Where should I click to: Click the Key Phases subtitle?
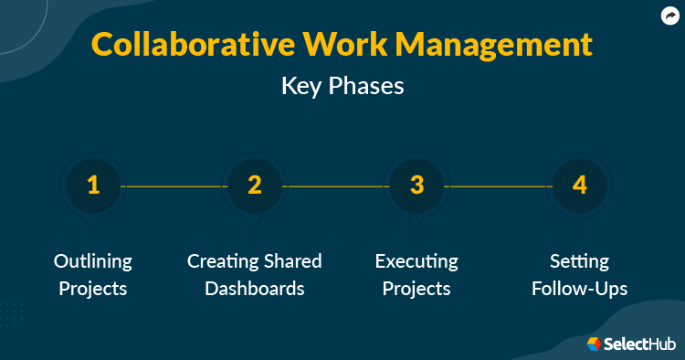pyautogui.click(x=342, y=87)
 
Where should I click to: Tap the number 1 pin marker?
pyautogui.click(x=92, y=185)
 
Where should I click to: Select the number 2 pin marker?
pyautogui.click(x=255, y=185)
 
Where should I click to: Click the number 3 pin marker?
pyautogui.click(x=417, y=185)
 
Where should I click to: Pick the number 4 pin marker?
pyautogui.click(x=579, y=185)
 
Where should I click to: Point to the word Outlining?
pyautogui.click(x=92, y=261)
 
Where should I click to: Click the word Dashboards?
pyautogui.click(x=255, y=289)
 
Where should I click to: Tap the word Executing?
pyautogui.click(x=416, y=261)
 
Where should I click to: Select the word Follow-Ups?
pyautogui.click(x=579, y=289)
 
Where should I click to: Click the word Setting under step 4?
pyautogui.click(x=579, y=261)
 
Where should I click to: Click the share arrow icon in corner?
pyautogui.click(x=669, y=16)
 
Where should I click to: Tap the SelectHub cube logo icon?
pyautogui.click(x=593, y=344)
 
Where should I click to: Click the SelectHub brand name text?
pyautogui.click(x=639, y=344)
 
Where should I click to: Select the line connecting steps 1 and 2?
pyautogui.click(x=174, y=186)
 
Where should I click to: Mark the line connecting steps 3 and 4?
pyautogui.click(x=499, y=186)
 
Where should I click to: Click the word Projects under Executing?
pyautogui.click(x=416, y=289)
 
